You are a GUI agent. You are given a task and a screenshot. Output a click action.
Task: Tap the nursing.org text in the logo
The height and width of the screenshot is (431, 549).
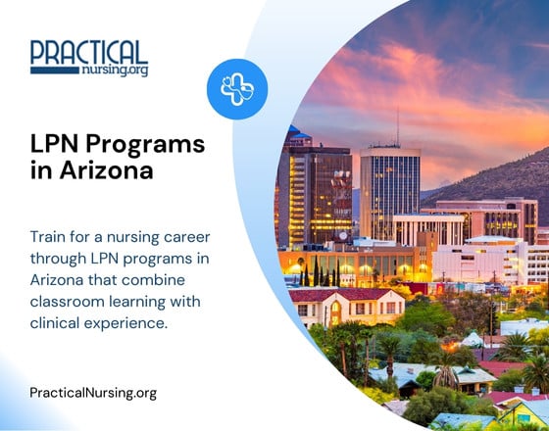click(117, 71)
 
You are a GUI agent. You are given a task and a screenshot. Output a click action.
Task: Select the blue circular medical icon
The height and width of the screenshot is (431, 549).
click(236, 88)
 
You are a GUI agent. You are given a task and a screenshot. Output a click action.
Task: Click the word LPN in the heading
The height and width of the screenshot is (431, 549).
click(54, 144)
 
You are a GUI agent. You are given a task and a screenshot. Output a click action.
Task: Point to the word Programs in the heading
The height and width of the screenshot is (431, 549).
click(146, 145)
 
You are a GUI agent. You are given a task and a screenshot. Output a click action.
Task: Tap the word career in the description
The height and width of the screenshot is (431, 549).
click(190, 237)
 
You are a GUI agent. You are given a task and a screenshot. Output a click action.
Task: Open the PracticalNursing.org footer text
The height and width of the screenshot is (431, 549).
click(93, 393)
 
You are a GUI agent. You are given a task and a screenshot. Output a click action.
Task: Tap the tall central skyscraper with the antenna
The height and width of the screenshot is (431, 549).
click(389, 191)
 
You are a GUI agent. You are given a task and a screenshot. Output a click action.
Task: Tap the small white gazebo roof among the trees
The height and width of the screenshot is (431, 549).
click(471, 339)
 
